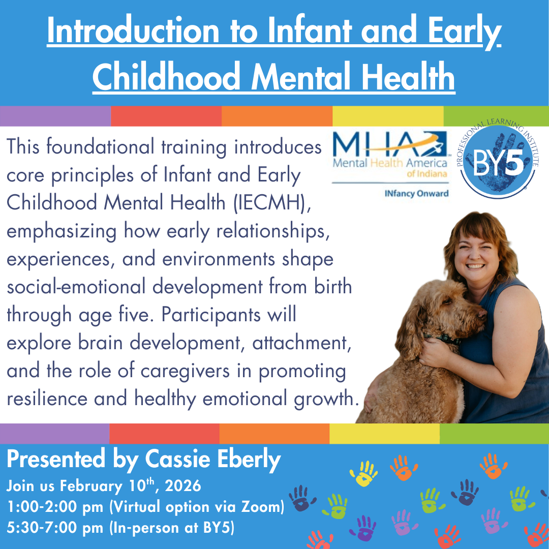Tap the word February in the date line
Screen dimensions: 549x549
click(91, 485)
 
